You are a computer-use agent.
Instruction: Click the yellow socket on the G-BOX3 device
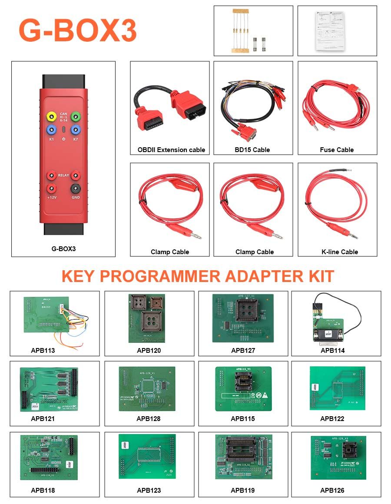tap(52, 116)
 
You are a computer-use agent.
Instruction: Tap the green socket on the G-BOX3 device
tap(76, 116)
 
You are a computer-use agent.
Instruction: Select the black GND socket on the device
tap(76, 188)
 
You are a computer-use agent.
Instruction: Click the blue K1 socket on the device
tap(52, 129)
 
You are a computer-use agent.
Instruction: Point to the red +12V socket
tap(52, 188)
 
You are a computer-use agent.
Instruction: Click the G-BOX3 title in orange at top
tap(77, 30)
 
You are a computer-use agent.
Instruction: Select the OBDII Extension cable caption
tap(171, 150)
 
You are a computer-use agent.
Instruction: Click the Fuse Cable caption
tap(337, 150)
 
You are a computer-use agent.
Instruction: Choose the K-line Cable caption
tap(340, 252)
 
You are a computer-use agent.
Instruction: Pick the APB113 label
tap(43, 351)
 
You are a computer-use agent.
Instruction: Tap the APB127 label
tap(243, 351)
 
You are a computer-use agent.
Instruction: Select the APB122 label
tap(332, 419)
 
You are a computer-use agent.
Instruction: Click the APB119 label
tap(242, 490)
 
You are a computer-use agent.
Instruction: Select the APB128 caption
tap(149, 419)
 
